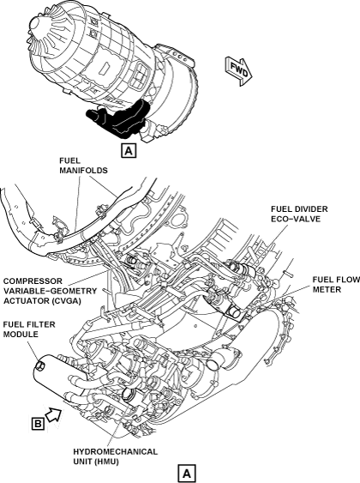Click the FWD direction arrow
point(240,71)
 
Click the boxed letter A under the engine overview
point(129,151)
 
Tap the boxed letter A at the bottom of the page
point(187,474)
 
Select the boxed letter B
point(39,424)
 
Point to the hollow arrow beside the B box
point(54,414)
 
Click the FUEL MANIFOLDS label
point(83,166)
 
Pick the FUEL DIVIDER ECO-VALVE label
point(299,214)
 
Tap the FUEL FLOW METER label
point(336,284)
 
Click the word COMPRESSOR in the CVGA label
point(33,281)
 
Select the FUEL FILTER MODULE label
point(29,329)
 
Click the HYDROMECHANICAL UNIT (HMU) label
point(115,456)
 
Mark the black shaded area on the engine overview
point(118,118)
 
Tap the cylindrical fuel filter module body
point(58,374)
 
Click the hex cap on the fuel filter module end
point(40,365)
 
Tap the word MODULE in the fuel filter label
point(21,335)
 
